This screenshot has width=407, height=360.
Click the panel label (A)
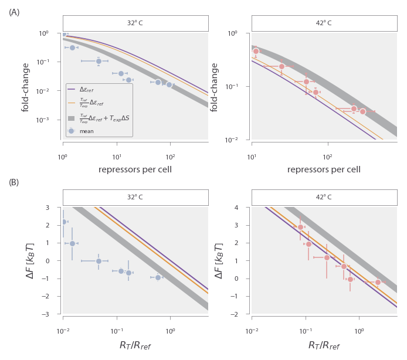14,12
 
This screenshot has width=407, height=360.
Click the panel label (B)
14,182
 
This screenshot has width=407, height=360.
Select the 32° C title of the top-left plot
135,23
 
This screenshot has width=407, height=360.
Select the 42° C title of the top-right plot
324,23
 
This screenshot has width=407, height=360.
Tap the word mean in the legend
87,131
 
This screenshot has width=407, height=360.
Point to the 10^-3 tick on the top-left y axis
53,120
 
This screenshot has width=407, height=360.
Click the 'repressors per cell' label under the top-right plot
324,169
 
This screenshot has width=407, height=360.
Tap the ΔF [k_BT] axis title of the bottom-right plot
219,260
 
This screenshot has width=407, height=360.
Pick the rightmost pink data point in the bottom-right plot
378,282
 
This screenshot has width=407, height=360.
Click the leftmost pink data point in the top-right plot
256,52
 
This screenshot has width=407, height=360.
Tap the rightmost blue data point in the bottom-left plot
158,277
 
